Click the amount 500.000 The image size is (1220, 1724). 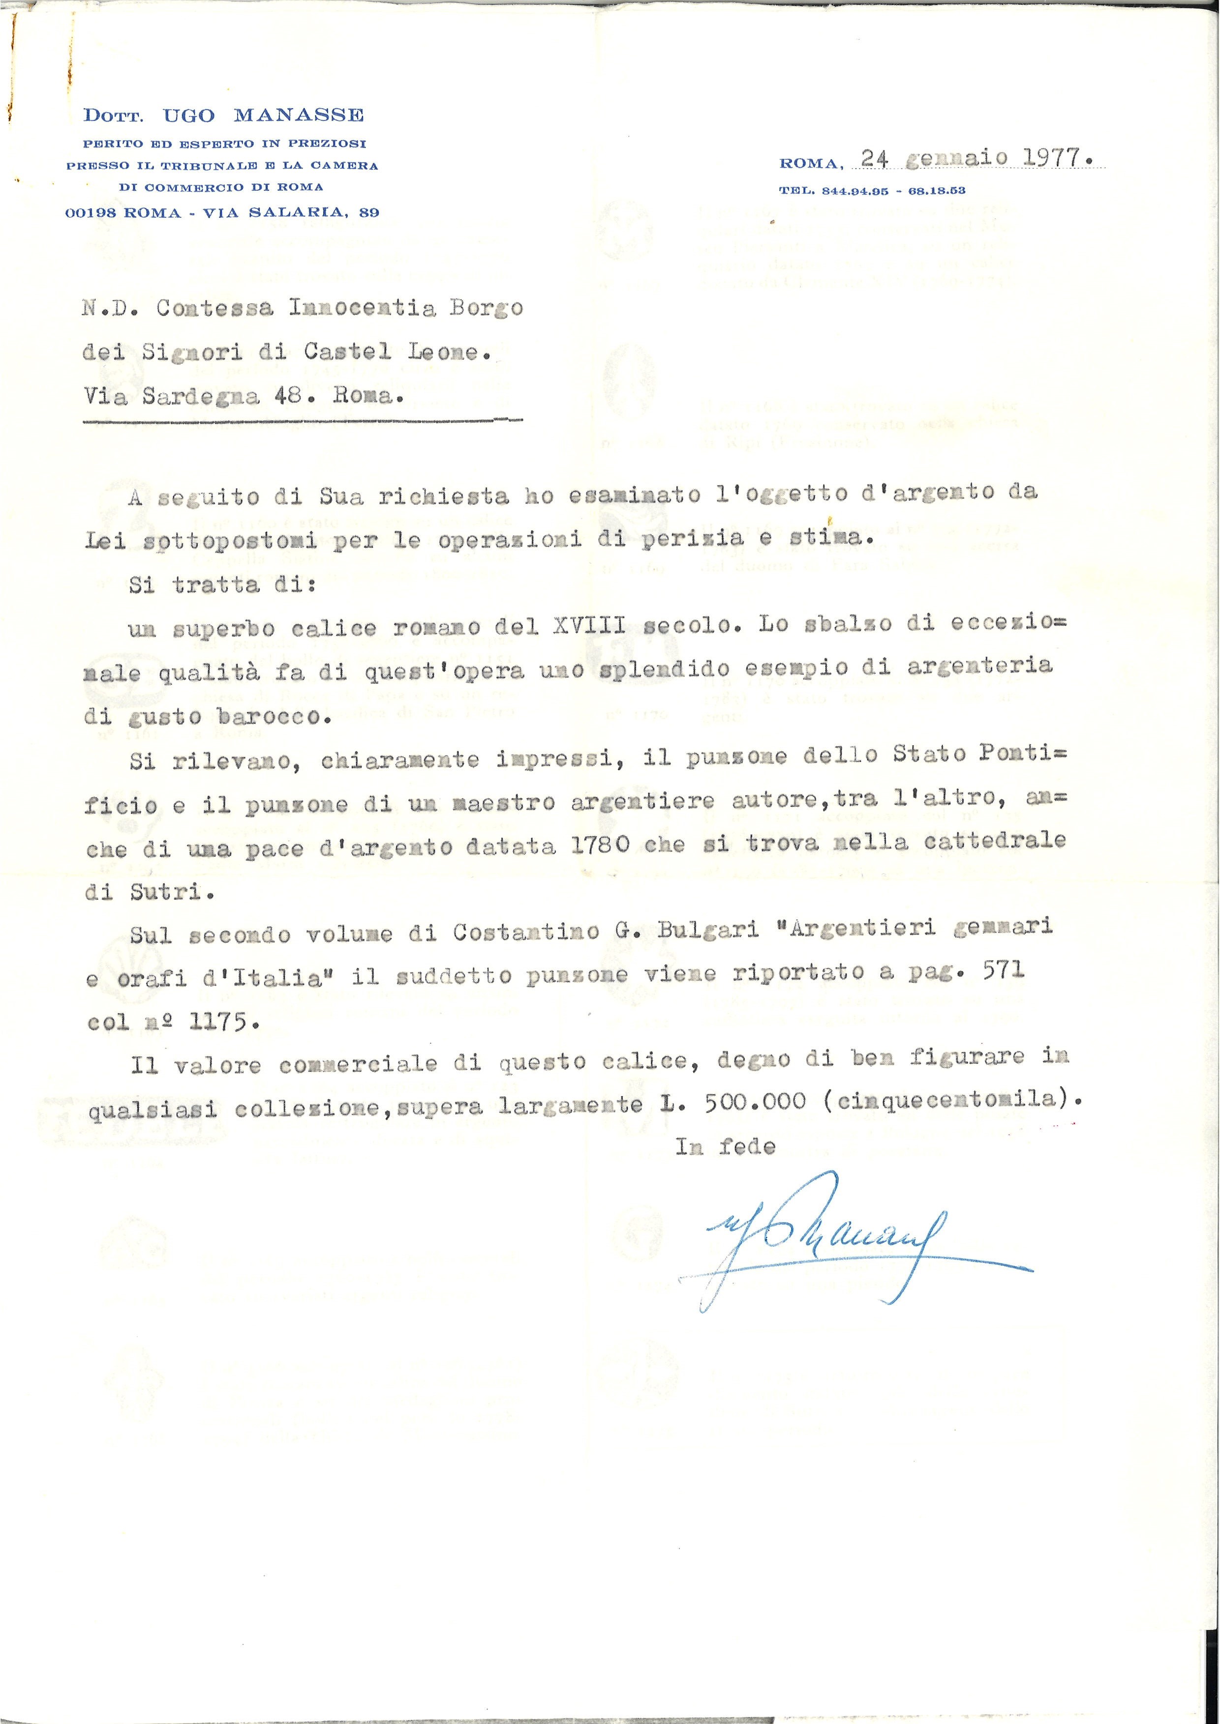[x=755, y=1102]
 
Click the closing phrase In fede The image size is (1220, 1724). [x=725, y=1146]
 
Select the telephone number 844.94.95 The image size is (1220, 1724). [x=855, y=191]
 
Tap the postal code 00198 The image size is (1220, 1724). [x=90, y=212]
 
